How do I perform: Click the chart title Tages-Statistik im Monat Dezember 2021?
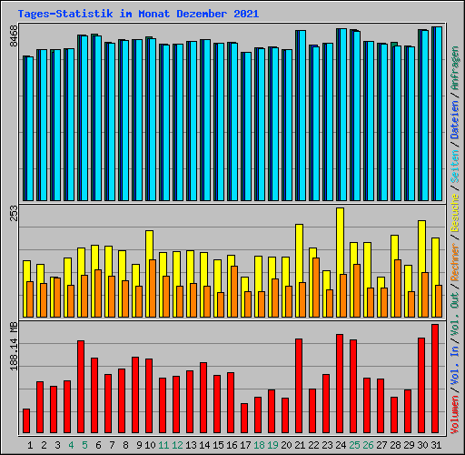pos(138,14)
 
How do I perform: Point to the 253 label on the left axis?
pos(13,213)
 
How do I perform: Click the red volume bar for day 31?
pos(435,379)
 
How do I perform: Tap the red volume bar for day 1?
pos(26,420)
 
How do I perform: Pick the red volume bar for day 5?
pos(81,387)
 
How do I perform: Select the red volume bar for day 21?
pos(299,386)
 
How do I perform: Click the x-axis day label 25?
pos(354,445)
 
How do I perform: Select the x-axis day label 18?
pos(259,445)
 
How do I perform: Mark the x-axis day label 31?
pos(436,445)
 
